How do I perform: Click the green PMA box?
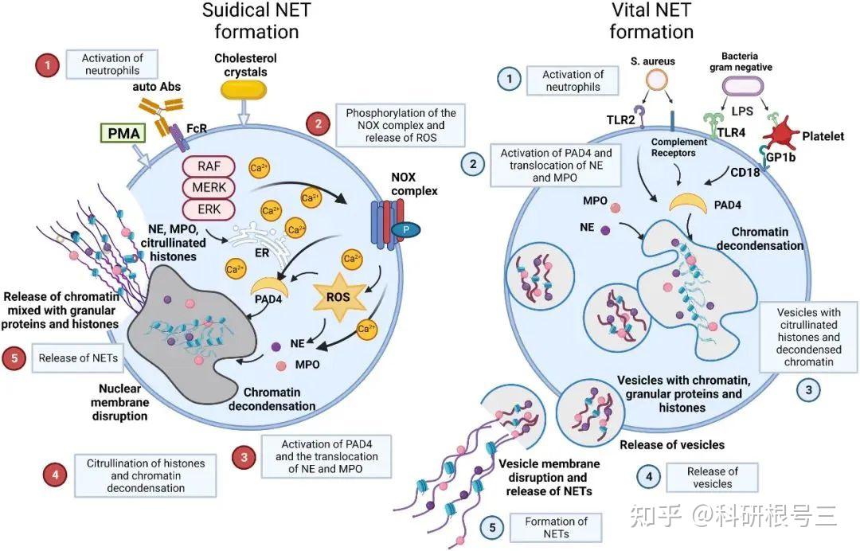pos(124,133)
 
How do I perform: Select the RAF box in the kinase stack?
pos(209,166)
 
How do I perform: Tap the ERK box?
pos(209,209)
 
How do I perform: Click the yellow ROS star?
pos(338,297)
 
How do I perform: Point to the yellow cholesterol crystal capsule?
pos(244,90)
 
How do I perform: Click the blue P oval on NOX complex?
pos(405,230)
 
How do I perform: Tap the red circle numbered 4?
pos(56,475)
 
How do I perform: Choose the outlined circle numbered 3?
pos(808,390)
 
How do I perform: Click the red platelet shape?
pos(782,134)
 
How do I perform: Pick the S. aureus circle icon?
pos(656,80)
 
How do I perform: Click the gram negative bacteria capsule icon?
pos(742,86)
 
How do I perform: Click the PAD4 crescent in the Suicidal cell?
pos(269,287)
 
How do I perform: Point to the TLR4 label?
pos(731,133)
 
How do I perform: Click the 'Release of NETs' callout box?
pos(78,358)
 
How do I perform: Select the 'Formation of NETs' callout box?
pos(556,527)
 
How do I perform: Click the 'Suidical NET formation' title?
pos(256,21)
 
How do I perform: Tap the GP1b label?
pos(780,158)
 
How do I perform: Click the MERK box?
pos(209,187)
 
